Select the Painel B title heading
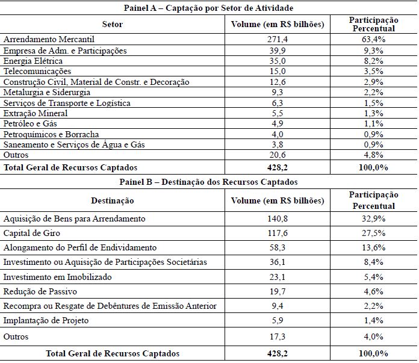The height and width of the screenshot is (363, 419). tap(208, 181)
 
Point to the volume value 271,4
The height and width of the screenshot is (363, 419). tap(278, 39)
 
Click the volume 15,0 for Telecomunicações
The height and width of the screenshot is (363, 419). tap(278, 71)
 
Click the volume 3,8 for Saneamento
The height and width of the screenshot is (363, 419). tap(278, 144)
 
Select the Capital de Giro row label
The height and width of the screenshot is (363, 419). tap(31, 233)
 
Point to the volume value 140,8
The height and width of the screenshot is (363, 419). tap(278, 219)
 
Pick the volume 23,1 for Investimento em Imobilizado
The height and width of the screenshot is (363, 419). tap(278, 277)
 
